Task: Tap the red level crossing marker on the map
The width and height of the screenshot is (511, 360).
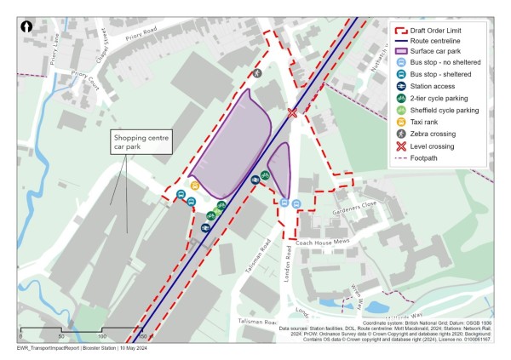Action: pos(293,113)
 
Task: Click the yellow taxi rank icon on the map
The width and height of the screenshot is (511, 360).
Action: pos(194,186)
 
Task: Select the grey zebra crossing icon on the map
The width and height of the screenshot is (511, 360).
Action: pos(257,73)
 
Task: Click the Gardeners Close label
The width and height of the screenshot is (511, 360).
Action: pos(359,207)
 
